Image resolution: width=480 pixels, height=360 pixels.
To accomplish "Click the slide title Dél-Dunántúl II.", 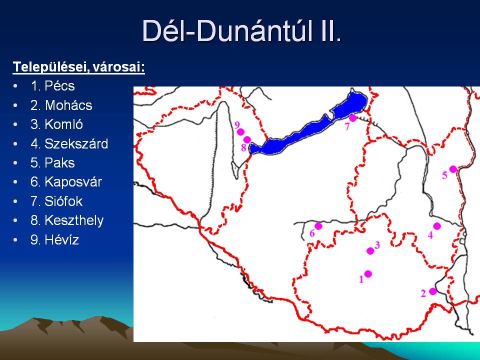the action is pos(241,30).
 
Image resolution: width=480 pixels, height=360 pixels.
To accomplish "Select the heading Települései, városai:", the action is pos(78,66).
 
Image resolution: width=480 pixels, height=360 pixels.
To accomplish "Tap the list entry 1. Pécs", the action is pos(52,85).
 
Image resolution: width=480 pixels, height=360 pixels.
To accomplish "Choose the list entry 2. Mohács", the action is pos(61,105).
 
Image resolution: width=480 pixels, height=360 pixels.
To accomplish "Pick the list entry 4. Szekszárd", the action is pos(69,144).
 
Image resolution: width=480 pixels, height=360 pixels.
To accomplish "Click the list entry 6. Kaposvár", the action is pos(66,182).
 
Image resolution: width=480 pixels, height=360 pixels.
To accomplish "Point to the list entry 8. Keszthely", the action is pos(67,220).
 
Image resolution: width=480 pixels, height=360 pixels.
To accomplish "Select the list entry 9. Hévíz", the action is pos(54,239).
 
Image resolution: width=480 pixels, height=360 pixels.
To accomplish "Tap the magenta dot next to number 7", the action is pos(352,118).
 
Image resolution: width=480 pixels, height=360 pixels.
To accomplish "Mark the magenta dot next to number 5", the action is pos(453,169).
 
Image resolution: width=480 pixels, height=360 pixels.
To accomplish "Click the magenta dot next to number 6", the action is pos(318,226).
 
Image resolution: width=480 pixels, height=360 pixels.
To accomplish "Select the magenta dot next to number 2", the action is pos(433,291).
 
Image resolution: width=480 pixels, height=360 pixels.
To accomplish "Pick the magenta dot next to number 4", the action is pos(437,226).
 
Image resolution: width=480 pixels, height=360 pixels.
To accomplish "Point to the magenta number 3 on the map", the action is pos(377,245).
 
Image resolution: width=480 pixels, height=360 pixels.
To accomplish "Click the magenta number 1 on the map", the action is pos(361,279).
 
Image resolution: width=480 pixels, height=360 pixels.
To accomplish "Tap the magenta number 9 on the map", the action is pos(237,125).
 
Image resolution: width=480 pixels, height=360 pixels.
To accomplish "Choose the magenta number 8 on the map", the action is pos(243,148).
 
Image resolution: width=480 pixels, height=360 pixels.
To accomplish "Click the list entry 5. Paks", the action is pos(52,163).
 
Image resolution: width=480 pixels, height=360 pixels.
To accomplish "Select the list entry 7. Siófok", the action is pos(56,201).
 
